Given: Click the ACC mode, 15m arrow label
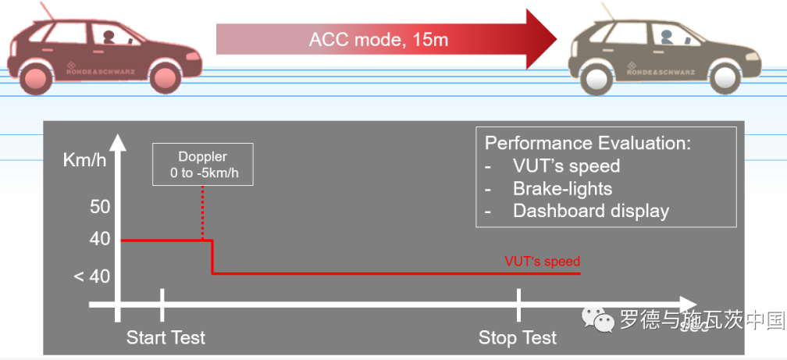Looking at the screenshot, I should [x=379, y=39].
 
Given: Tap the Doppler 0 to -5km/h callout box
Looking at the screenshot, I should [x=202, y=164].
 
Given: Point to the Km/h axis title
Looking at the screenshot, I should [x=85, y=161].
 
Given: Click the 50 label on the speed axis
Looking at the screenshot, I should [x=100, y=207].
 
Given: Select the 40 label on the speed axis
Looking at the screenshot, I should [x=100, y=239].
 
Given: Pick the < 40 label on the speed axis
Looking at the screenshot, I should [x=93, y=276].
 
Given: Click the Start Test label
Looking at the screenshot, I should [x=166, y=338].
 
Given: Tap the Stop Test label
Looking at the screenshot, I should [x=518, y=338].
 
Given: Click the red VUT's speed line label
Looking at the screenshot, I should [x=542, y=262].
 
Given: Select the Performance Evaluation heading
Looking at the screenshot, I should [x=588, y=144].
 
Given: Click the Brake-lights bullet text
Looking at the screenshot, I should [x=562, y=188].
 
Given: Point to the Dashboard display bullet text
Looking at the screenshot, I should [x=590, y=211].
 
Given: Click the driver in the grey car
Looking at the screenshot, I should [x=666, y=36].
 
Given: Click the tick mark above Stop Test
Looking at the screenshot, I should [x=518, y=304].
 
